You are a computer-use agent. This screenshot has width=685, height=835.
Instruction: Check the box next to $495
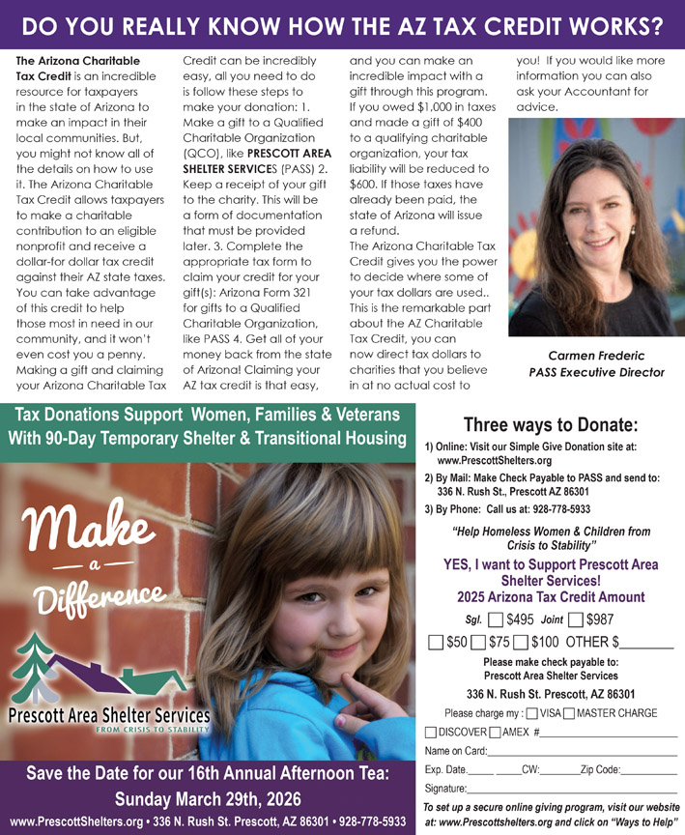coord(496,619)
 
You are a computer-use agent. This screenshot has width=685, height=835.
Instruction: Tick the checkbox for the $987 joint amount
coord(576,619)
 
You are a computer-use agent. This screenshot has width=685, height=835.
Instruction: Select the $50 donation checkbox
coord(436,642)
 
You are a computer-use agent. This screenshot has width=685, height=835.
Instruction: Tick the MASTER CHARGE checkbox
coord(569,713)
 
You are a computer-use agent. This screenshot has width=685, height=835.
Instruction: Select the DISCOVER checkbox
coord(431,732)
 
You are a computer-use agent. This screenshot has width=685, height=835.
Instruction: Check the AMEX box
coord(496,732)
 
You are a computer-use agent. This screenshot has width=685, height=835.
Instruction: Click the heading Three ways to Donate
coord(550,423)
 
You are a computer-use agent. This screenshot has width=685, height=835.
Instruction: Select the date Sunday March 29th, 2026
coord(208,800)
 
